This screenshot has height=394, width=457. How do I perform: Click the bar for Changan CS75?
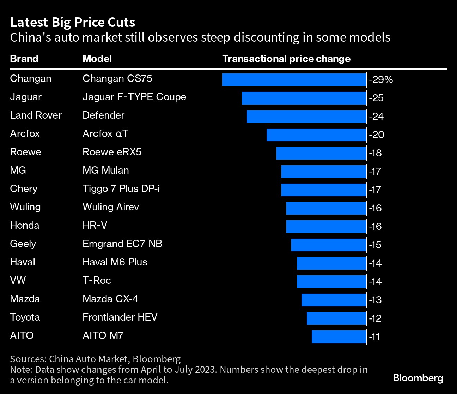pyautogui.click(x=294, y=79)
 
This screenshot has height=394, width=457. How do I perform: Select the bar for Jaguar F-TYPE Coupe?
pyautogui.click(x=304, y=98)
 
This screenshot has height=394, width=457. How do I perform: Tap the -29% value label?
pyautogui.click(x=381, y=80)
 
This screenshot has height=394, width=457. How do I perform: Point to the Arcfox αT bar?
pyautogui.click(x=316, y=135)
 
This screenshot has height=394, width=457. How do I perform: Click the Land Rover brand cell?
pyautogui.click(x=36, y=115)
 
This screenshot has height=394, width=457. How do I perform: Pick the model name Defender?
pyautogui.click(x=103, y=115)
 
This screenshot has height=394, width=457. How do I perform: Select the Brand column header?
pyautogui.click(x=24, y=59)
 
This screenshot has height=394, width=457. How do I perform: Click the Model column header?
pyautogui.click(x=97, y=59)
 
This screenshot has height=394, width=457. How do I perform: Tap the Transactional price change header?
pyautogui.click(x=286, y=59)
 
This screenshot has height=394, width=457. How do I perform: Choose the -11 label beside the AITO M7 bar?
pyautogui.click(x=374, y=337)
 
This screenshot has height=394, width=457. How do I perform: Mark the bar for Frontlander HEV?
pyautogui.click(x=336, y=318)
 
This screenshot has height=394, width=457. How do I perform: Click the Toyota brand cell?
pyautogui.click(x=25, y=317)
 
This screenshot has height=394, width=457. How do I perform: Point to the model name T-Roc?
pyautogui.click(x=97, y=280)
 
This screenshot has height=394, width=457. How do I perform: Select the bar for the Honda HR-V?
pyautogui.click(x=326, y=226)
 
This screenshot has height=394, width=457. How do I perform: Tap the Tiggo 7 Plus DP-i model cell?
pyautogui.click(x=121, y=189)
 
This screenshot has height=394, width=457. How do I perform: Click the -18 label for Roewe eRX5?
pyautogui.click(x=375, y=153)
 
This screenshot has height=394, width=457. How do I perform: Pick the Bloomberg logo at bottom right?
pyautogui.click(x=418, y=378)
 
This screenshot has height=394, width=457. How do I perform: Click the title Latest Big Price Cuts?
pyautogui.click(x=72, y=23)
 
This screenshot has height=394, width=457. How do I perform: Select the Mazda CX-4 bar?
pyautogui.click(x=334, y=300)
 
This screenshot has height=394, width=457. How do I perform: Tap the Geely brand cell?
pyautogui.click(x=23, y=244)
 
